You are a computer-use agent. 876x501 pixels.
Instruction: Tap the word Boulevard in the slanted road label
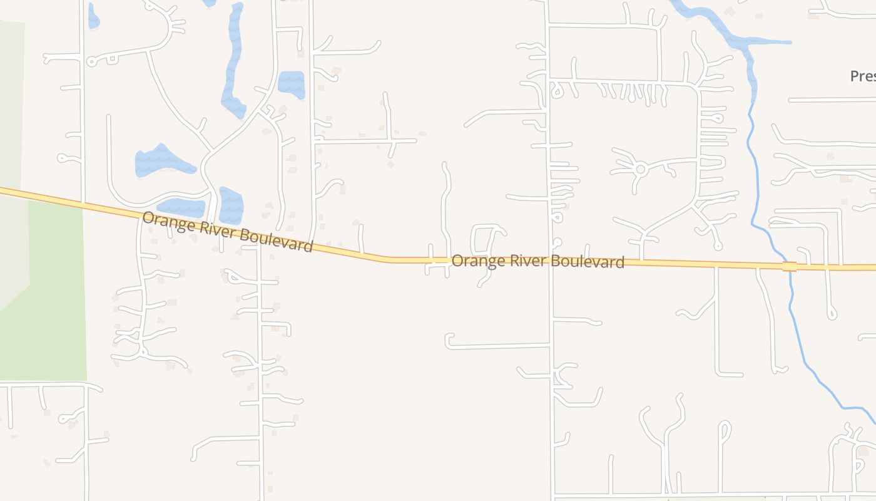(x=280, y=240)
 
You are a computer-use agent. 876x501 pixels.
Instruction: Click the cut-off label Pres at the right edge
(x=863, y=76)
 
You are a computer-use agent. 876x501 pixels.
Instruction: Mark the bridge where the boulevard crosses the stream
(x=790, y=267)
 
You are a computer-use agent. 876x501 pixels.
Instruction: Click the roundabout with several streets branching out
(x=640, y=169)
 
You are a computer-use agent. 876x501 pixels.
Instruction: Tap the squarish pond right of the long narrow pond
(x=291, y=84)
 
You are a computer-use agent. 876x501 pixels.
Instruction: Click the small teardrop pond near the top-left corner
(x=93, y=17)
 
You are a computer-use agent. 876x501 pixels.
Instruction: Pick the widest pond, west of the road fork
(x=163, y=162)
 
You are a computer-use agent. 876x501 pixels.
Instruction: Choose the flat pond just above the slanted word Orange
(x=181, y=207)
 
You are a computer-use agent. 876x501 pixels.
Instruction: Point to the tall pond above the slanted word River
(x=231, y=205)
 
